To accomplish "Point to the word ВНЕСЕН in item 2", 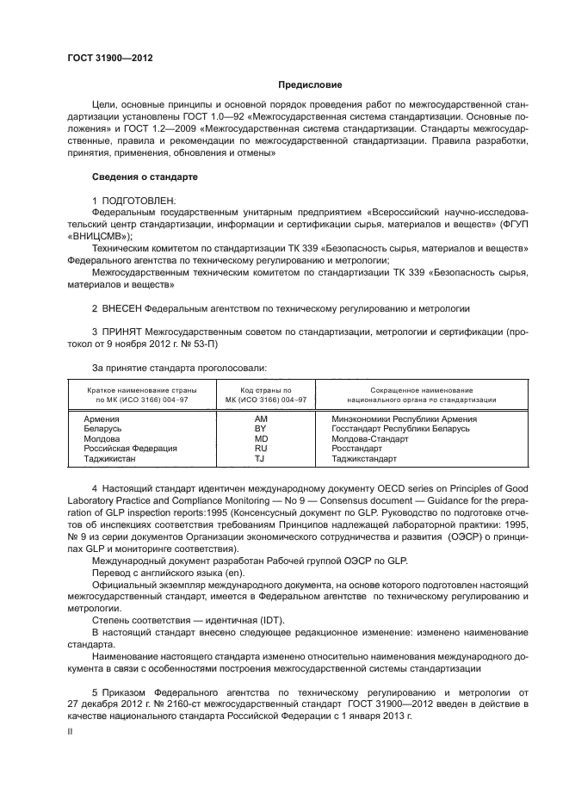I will (x=121, y=307).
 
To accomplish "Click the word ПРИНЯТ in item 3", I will (x=122, y=330).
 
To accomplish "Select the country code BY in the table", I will (x=260, y=428).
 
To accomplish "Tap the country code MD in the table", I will (x=260, y=438).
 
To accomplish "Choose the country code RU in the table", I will (x=260, y=449).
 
